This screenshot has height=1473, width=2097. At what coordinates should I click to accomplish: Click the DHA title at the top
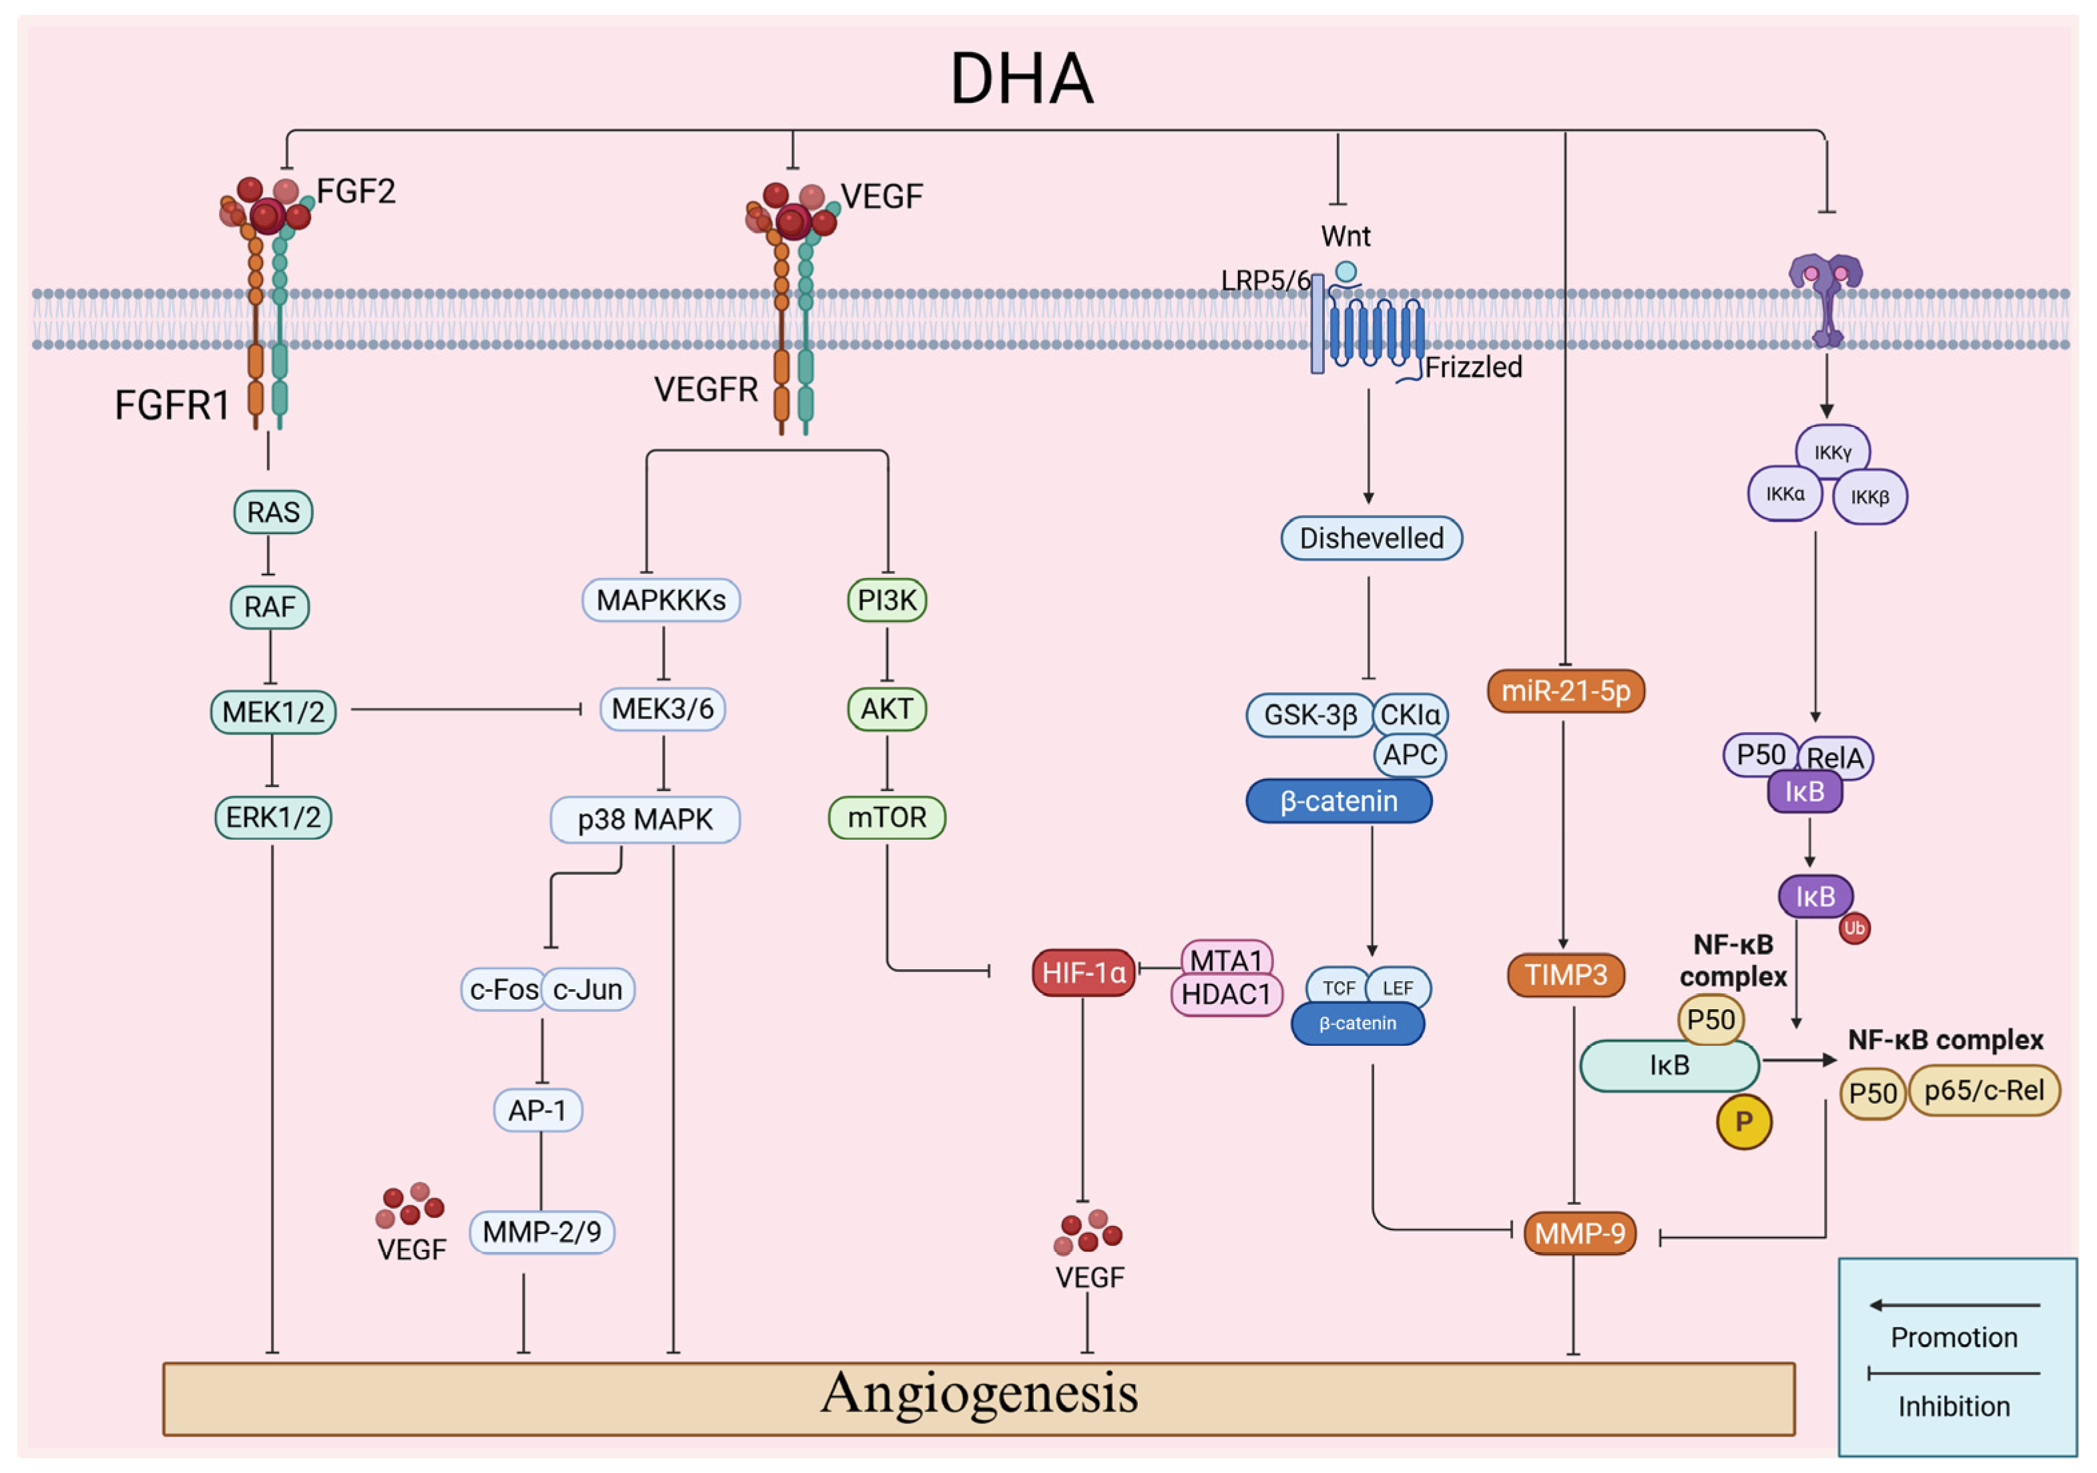(1021, 79)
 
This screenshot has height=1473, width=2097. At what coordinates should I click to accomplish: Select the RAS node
(273, 513)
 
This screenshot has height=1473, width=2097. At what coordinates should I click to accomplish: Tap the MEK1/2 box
(273, 711)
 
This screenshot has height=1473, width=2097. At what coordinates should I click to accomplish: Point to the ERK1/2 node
(273, 818)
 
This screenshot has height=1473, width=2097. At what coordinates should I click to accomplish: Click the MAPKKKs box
(661, 600)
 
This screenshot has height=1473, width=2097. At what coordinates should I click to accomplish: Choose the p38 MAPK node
(645, 819)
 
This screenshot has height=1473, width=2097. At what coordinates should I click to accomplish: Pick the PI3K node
(887, 600)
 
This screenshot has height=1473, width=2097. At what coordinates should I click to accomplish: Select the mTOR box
(887, 818)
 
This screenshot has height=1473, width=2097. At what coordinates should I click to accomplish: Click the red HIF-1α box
(1084, 972)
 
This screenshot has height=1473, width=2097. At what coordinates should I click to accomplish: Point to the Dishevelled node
(1372, 538)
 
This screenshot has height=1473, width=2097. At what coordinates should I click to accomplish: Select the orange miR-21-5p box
(1566, 690)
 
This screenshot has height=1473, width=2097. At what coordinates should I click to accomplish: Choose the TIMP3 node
(1566, 974)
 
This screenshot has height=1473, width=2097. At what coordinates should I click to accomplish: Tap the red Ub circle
(1854, 929)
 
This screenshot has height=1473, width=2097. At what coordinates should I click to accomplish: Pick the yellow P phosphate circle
(1745, 1121)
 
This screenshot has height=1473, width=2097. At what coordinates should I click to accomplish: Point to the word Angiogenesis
(979, 1394)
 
